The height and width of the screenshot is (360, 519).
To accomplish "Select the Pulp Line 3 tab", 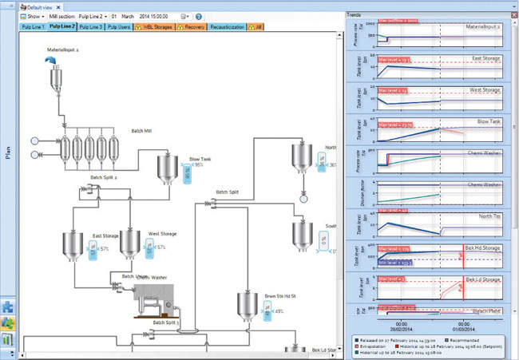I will (x=90, y=26).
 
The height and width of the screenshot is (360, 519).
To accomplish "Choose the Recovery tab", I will (x=193, y=26).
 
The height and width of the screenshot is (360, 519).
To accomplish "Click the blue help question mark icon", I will (x=199, y=16).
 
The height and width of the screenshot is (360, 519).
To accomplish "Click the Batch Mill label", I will (x=143, y=131).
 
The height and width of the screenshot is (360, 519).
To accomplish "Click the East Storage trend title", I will (x=485, y=58).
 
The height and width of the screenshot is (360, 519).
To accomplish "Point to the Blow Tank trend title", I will (x=487, y=121).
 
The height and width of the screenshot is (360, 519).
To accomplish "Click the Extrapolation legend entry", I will (x=377, y=345).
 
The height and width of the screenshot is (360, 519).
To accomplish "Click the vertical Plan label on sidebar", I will (x=7, y=152).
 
